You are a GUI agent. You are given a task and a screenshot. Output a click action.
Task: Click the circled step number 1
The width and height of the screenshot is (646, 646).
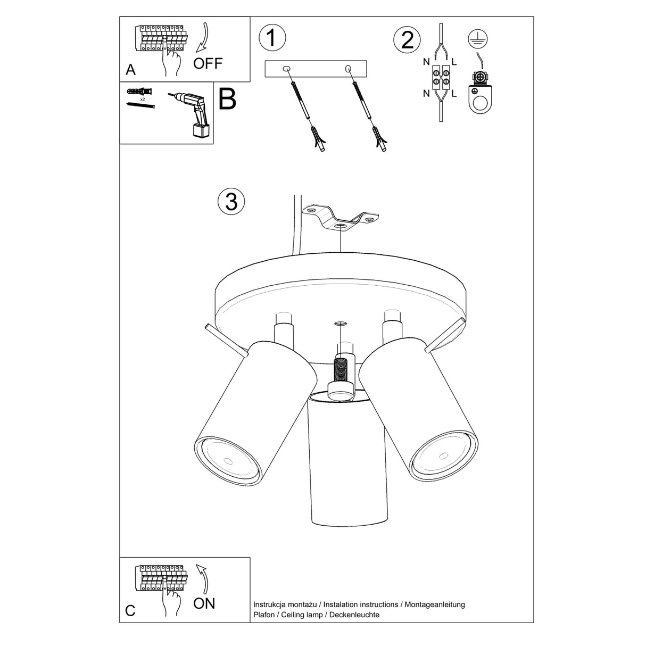coord(272,39)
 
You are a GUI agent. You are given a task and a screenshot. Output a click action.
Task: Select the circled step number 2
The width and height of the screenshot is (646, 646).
coord(407,40)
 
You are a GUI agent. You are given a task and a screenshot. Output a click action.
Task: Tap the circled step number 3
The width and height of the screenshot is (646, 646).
coord(231,202)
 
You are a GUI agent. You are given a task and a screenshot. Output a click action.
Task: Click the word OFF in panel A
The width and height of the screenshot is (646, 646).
coord(208,64)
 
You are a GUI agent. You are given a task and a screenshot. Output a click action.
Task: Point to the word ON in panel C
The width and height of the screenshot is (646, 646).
coord(204,603)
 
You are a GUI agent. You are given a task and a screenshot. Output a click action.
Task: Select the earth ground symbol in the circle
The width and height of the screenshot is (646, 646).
coord(478,38)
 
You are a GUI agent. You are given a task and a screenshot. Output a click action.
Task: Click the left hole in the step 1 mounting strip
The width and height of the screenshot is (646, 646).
coord(286,69)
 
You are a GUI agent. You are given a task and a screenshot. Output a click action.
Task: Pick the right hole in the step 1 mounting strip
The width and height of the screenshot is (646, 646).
coord(349,68)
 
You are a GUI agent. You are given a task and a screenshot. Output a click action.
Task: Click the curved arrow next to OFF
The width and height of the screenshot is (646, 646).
coord(202,40)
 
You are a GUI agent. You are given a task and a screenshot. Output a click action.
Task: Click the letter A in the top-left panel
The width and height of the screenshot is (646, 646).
coord(130,70)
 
